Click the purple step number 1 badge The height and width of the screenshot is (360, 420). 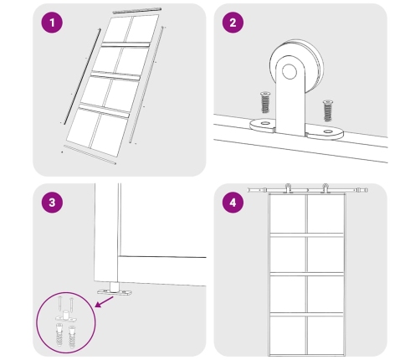pyautogui.click(x=52, y=23)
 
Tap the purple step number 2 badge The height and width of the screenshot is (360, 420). pyautogui.click(x=233, y=23)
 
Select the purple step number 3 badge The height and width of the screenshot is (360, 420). pyautogui.click(x=52, y=203)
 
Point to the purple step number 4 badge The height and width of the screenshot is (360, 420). pyautogui.click(x=233, y=203)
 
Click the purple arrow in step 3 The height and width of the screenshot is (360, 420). pyautogui.click(x=104, y=302)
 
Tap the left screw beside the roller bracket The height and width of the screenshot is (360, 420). pyautogui.click(x=265, y=102)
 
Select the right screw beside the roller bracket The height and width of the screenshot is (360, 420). pyautogui.click(x=328, y=111)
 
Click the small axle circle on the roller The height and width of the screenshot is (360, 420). pyautogui.click(x=289, y=71)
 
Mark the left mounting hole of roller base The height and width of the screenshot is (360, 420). pyautogui.click(x=265, y=122)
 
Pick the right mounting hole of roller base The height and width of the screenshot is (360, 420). pyautogui.click(x=328, y=131)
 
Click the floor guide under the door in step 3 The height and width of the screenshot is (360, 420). pyautogui.click(x=115, y=290)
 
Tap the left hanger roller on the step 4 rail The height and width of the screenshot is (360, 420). pyautogui.click(x=288, y=188)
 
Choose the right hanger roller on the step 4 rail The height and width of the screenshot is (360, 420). pyautogui.click(x=325, y=188)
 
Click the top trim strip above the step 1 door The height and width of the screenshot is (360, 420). pyautogui.click(x=137, y=10)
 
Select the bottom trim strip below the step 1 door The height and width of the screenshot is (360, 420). pyautogui.click(x=90, y=155)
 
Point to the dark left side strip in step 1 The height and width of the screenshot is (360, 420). pyautogui.click(x=83, y=76)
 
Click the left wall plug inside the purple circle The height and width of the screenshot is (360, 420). pyautogui.click(x=59, y=335)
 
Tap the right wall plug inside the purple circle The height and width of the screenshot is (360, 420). pyautogui.click(x=72, y=337)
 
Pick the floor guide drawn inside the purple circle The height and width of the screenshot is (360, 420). pyautogui.click(x=65, y=316)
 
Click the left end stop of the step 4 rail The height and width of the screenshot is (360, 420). pyautogui.click(x=250, y=190)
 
